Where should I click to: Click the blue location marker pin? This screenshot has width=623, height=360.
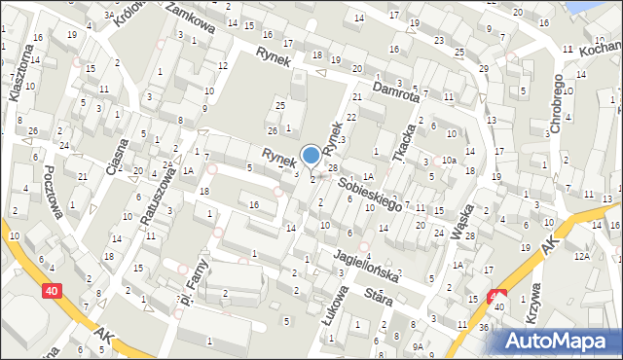tap(311, 154)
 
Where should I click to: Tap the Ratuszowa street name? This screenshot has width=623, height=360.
tap(158, 198)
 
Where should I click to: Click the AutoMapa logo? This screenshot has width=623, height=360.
tap(560, 341)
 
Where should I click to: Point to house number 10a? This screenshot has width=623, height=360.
tap(449, 160)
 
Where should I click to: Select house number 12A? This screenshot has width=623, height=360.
tap(581, 255)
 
